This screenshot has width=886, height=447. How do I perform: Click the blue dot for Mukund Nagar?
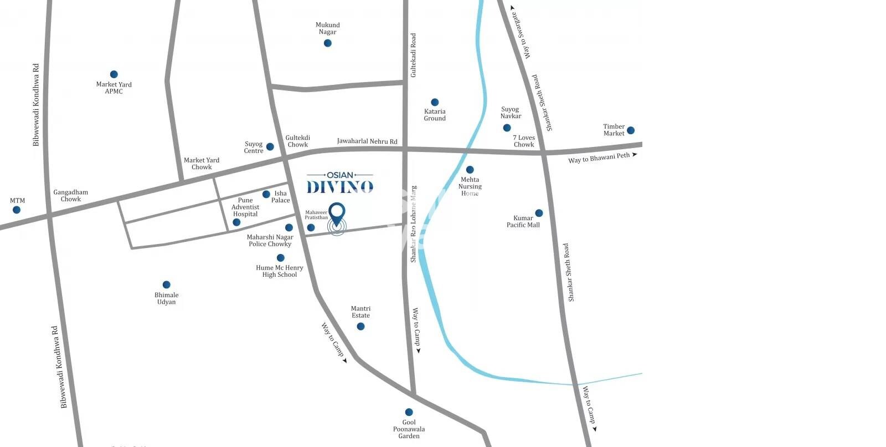coord(328,43)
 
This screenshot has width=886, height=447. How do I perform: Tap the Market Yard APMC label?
coord(114,88)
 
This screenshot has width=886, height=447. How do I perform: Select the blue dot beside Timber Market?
coord(630,130)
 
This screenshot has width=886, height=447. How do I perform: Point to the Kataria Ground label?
coord(435,115)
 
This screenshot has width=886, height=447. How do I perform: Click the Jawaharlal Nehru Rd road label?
coord(367,141)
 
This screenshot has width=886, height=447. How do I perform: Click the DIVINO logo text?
coord(340,187)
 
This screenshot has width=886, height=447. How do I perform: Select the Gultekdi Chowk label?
coord(298,141)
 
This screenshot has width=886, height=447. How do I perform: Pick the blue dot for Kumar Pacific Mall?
coord(539,213)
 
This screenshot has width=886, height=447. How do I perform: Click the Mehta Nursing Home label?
coord(470,186)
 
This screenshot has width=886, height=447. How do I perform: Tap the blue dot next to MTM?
coord(17,210)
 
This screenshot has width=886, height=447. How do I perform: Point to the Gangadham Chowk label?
coord(71,196)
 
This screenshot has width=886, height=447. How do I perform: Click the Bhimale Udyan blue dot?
coord(166,285)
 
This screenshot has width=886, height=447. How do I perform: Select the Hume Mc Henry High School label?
coord(280,271)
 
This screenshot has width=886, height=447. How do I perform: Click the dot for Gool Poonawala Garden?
coord(409,412)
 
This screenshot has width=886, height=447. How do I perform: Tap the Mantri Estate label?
coord(360,312)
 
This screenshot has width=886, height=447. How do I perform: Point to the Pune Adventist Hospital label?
coord(245,207)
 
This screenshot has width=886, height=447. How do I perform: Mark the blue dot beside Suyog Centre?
coord(270,147)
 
